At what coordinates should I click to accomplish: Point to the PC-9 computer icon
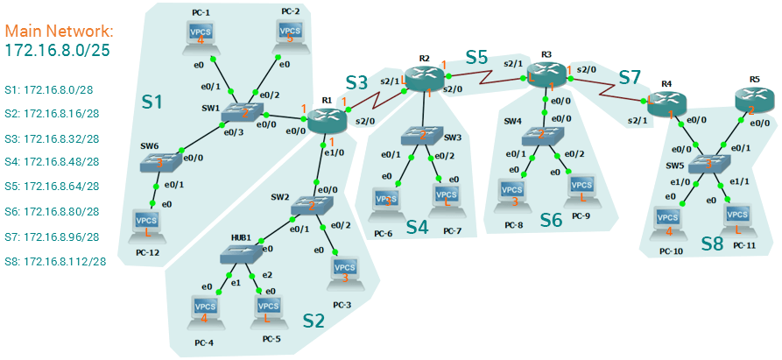coord(580,186)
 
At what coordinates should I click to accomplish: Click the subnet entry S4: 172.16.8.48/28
coord(52,162)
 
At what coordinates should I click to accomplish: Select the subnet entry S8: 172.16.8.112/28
coord(55,261)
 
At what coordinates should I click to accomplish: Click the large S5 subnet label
coord(476,58)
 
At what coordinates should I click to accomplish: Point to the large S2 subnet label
coord(314,321)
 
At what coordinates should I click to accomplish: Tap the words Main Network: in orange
coord(59,32)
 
